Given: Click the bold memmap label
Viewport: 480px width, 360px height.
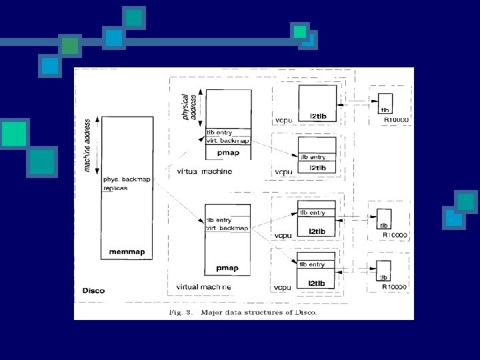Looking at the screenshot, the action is click(127, 253).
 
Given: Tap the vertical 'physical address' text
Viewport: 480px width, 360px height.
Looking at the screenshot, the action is click(190, 107).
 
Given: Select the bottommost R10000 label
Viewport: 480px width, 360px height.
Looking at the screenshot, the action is click(395, 287).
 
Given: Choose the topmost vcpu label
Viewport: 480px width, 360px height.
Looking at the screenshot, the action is click(282, 121).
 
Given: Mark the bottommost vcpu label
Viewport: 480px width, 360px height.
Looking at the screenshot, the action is click(282, 287).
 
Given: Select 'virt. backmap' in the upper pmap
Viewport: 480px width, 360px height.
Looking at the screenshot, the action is click(227, 141).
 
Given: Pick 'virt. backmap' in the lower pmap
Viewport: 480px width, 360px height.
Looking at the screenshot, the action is click(227, 228).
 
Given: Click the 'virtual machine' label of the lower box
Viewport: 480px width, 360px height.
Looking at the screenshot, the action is click(203, 287).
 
